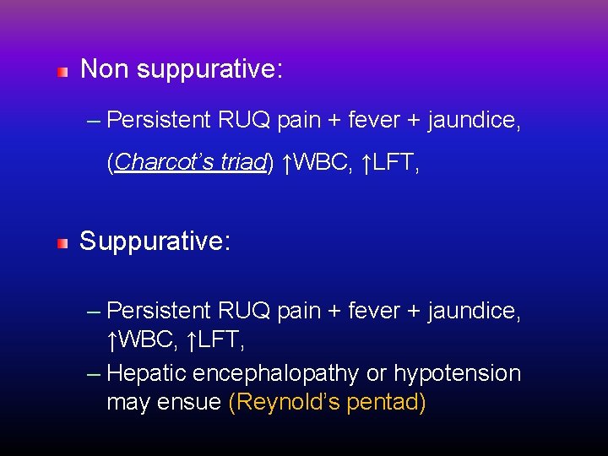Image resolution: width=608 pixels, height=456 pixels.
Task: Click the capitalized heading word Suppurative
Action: (155, 242)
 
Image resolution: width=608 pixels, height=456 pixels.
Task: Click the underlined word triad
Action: (242, 163)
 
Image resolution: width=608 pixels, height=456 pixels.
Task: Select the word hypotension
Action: (466, 373)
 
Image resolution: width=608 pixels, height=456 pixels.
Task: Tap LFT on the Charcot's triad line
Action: (396, 163)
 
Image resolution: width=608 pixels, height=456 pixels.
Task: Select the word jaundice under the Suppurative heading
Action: (474, 311)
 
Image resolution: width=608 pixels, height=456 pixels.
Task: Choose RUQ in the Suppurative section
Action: (243, 311)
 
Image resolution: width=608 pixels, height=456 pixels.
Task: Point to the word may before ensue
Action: (128, 403)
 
